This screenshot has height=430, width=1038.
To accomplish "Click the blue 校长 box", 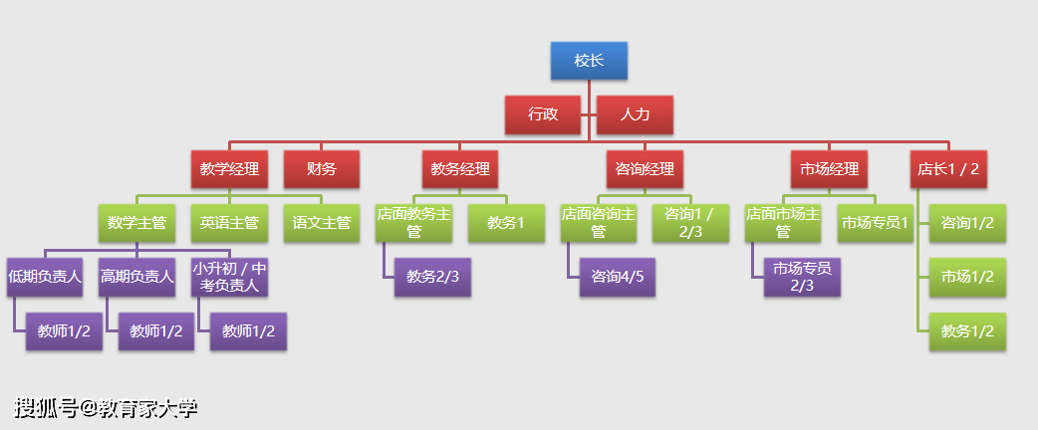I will click(x=589, y=61).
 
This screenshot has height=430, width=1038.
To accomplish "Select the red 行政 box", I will click(x=543, y=114).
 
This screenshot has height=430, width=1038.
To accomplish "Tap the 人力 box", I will click(x=635, y=114).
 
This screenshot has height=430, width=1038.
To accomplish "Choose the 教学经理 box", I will click(x=229, y=169).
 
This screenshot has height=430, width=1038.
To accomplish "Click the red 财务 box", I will click(x=321, y=169).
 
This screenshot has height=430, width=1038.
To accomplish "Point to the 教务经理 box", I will click(x=460, y=169).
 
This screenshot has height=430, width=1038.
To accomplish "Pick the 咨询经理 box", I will click(x=645, y=169).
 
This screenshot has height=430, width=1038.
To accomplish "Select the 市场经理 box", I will click(x=829, y=169).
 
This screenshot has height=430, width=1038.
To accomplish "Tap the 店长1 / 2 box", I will click(x=948, y=169).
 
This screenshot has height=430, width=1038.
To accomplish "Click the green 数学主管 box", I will click(x=136, y=223).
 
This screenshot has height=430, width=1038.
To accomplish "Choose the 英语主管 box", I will click(x=229, y=223).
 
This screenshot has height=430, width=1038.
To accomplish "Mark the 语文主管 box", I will click(x=321, y=223).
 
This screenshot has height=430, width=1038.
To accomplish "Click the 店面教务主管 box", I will click(x=413, y=223).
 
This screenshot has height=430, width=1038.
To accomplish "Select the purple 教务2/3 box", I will click(x=432, y=277).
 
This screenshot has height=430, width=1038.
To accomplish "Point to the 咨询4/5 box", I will click(x=618, y=277).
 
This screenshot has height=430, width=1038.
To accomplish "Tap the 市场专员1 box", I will click(x=875, y=223).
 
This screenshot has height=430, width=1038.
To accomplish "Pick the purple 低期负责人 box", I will click(x=45, y=277).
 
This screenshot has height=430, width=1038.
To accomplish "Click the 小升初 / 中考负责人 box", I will click(x=229, y=277).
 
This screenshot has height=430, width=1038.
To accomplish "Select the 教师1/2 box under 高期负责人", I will click(x=156, y=331).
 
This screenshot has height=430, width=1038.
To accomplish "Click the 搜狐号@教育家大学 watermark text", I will click(x=106, y=407).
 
